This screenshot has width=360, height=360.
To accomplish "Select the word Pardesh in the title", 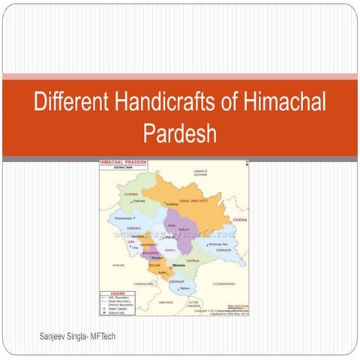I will pos(180,134).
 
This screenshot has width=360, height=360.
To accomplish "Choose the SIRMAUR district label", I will pos(178,280).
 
